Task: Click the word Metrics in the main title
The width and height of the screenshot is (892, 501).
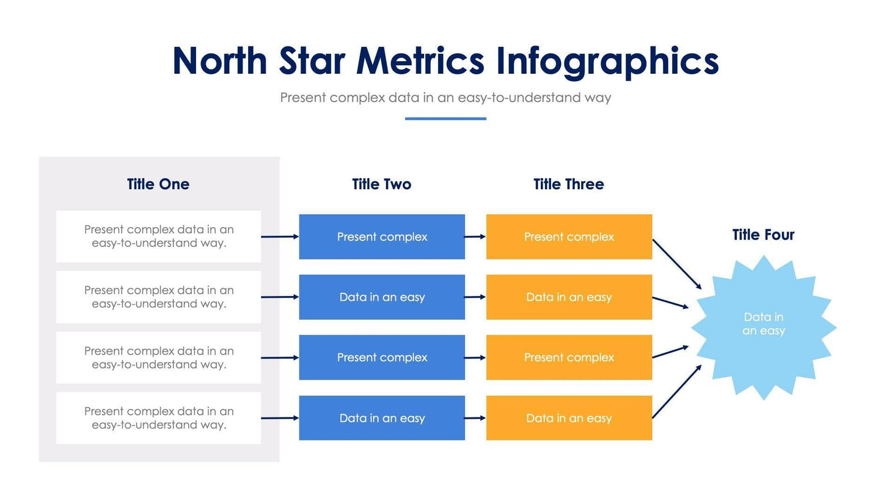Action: (420, 61)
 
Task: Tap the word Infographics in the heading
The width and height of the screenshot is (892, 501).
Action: (607, 62)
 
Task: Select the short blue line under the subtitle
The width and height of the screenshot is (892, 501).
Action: (445, 118)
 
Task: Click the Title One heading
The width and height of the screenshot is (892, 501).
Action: (158, 184)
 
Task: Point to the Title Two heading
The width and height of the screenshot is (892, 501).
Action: (381, 184)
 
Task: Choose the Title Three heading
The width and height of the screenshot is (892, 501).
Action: (568, 184)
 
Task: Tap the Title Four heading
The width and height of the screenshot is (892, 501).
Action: (763, 235)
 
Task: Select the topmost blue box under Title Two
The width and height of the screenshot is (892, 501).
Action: (382, 237)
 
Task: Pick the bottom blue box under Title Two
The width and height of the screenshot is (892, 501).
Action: (382, 418)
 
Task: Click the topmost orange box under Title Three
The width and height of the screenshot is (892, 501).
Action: (569, 237)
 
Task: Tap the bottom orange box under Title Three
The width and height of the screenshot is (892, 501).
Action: (569, 418)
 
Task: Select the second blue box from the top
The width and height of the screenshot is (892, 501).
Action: (382, 297)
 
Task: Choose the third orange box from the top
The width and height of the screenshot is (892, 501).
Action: (569, 358)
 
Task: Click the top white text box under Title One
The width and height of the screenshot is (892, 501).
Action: (158, 237)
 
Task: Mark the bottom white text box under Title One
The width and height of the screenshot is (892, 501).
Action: (158, 418)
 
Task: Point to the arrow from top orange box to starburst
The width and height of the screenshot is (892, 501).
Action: (677, 264)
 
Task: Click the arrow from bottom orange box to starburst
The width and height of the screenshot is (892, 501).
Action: (677, 391)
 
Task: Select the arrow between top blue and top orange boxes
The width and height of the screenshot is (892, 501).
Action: (475, 237)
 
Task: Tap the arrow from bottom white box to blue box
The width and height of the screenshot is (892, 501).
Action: (279, 418)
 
